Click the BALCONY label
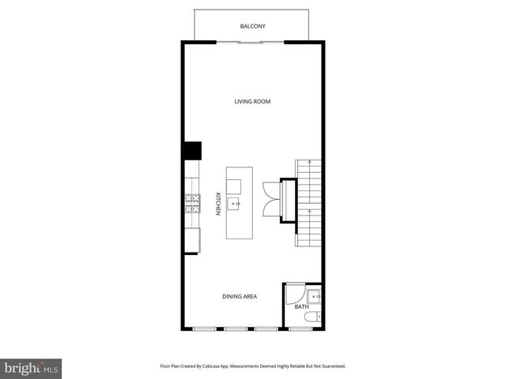point(253,27)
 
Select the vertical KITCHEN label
point(219,204)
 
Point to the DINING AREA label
point(239,296)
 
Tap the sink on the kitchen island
point(235,204)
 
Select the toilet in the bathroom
point(315,317)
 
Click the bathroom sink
point(315,297)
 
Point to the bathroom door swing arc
point(294,294)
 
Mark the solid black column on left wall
point(191,151)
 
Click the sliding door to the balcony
point(253,42)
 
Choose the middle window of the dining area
point(236,328)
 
